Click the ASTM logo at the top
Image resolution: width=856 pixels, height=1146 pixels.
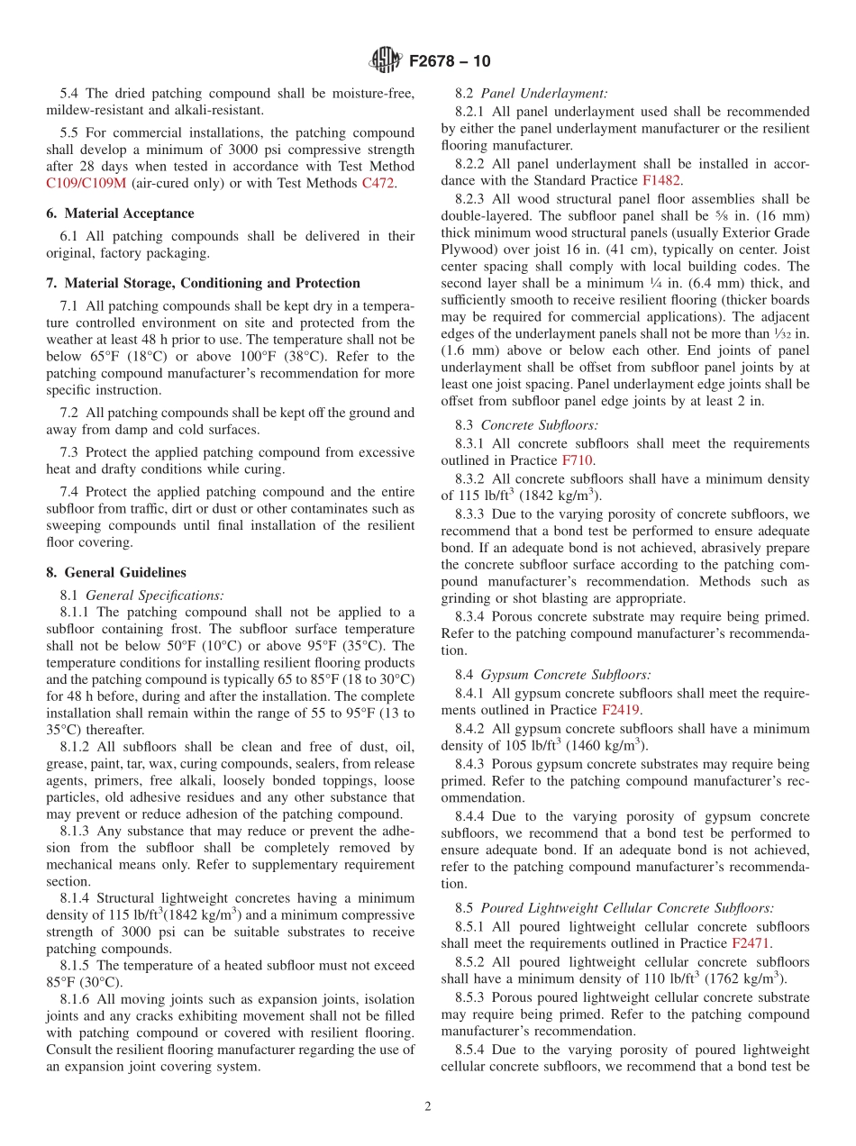coord(386,61)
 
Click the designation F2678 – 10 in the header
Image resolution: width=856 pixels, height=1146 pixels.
coord(450,62)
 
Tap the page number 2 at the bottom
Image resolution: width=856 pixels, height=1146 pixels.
coord(428,1106)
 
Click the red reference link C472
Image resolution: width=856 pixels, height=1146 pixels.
coord(378,183)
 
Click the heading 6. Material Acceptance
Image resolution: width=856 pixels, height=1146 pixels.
coord(120,214)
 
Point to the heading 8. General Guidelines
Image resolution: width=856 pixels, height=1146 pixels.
coord(116,572)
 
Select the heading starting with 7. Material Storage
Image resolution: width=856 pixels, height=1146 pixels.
coord(203,283)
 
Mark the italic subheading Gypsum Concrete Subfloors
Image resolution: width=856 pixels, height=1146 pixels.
coord(566,674)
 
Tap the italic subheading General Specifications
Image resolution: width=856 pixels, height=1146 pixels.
coord(154,595)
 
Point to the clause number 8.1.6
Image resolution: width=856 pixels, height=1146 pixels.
coord(77,999)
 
